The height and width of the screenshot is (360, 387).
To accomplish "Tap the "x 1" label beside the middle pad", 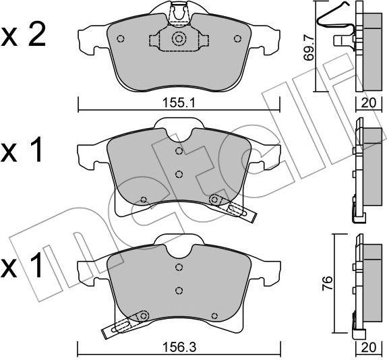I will [x=24, y=151].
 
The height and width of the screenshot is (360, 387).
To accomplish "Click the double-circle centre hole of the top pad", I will [x=179, y=39].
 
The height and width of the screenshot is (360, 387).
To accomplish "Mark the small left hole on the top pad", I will [x=120, y=38].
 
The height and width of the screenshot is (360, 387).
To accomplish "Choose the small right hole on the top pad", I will [x=236, y=38].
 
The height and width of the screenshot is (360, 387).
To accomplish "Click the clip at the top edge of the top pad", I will [x=179, y=12].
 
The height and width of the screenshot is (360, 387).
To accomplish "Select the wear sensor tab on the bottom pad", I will [x=121, y=328].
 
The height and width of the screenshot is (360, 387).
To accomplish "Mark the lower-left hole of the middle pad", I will [x=144, y=200].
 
